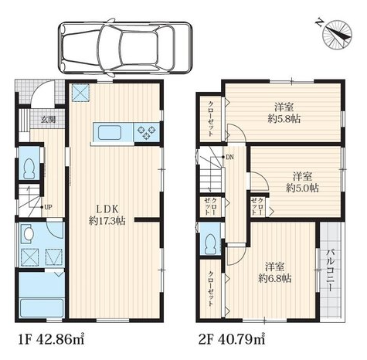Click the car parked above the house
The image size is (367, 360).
tap(125, 48)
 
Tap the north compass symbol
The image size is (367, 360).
tap(338, 34)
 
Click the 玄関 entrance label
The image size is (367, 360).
tap(49, 119)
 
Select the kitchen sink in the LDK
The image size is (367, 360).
tap(110, 133)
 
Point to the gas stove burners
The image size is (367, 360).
tap(146, 132)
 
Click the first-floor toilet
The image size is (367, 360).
tap(29, 169)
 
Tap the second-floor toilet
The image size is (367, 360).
tap(211, 244)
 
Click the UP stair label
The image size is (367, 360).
tap(48, 207)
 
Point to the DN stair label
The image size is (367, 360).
tap(229, 157)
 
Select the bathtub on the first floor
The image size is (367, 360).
tap(42, 308)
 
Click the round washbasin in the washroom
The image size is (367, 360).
tap(29, 233)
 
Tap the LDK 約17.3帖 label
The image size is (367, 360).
tap(107, 215)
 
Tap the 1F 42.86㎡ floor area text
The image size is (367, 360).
tap(51, 340)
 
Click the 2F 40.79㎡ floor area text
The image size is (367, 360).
tap(232, 340)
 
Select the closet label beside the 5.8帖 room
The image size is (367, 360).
tap(210, 119)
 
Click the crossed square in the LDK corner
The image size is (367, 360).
tap(80, 93)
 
